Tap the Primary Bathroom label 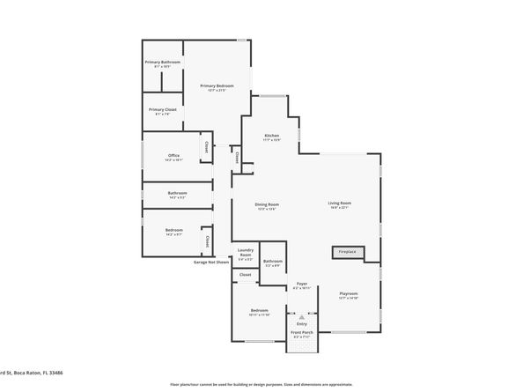(x=163, y=62)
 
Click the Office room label (x=173, y=156)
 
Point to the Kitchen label (x=272, y=135)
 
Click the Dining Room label (x=269, y=204)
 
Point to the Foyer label (x=301, y=284)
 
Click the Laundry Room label (x=246, y=250)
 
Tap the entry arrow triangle (x=302, y=315)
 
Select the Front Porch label (x=302, y=331)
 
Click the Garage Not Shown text (x=211, y=262)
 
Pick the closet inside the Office (x=207, y=147)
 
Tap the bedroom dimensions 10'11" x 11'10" (x=259, y=314)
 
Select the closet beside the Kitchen (x=237, y=158)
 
